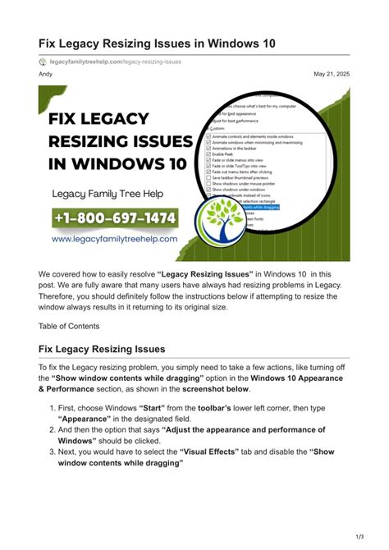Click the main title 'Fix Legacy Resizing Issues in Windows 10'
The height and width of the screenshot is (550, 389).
[158, 43]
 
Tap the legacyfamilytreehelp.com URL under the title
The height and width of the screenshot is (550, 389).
[116, 62]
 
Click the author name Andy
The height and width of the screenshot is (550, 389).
[46, 75]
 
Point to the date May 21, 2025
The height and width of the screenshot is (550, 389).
[332, 75]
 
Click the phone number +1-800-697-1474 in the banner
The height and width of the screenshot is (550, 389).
[116, 218]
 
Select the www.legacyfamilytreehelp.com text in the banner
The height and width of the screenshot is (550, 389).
[115, 239]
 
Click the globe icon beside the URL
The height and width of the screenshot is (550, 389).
[43, 62]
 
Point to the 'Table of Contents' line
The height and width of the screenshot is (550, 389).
[69, 326]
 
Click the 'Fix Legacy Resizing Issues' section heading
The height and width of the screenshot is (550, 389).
[102, 349]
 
